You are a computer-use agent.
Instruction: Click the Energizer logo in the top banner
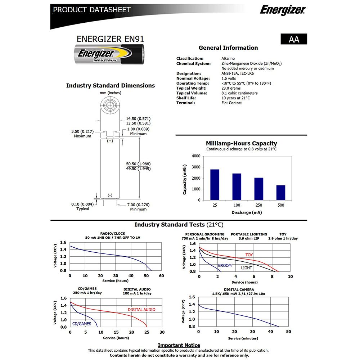click(282, 10)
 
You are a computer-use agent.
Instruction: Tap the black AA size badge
click(294, 39)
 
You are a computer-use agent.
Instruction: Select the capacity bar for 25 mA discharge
click(215, 185)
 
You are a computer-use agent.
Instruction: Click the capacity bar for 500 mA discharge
click(281, 193)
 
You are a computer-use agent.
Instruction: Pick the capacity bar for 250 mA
click(259, 189)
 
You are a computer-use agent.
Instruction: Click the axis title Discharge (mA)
click(247, 212)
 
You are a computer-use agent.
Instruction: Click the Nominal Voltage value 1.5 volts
click(229, 78)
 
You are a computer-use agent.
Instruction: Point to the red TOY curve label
click(249, 255)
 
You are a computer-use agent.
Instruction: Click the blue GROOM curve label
click(225, 266)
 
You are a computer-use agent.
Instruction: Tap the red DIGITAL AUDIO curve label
click(142, 310)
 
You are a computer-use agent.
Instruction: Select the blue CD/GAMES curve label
click(82, 324)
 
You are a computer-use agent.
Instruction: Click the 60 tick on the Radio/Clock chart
click(161, 276)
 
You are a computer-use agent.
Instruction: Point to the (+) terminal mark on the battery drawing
click(110, 141)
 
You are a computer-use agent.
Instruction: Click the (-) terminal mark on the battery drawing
click(110, 195)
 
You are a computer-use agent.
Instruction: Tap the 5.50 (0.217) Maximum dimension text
click(82, 133)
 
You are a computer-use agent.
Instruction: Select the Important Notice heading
click(179, 345)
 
